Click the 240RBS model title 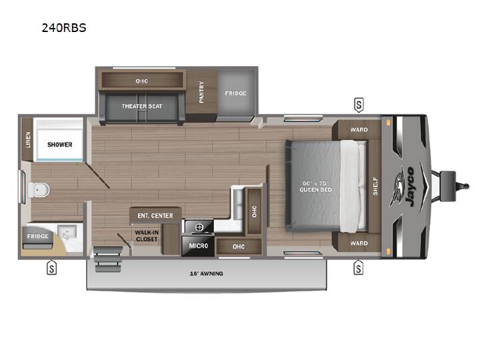click(64, 28)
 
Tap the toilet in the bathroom click(39, 190)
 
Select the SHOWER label click(60, 145)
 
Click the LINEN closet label click(28, 139)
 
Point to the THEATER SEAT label click(142, 106)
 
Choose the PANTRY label click(201, 92)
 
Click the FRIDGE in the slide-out click(236, 93)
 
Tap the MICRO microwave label click(199, 246)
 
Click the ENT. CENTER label click(155, 216)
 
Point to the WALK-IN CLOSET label click(147, 236)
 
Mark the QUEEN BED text click(315, 190)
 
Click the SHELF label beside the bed click(375, 186)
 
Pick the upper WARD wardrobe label click(359, 130)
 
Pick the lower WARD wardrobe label click(359, 243)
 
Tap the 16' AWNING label click(206, 274)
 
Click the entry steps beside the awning click(107, 259)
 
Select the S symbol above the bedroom click(359, 105)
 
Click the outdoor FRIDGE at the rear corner click(37, 236)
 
